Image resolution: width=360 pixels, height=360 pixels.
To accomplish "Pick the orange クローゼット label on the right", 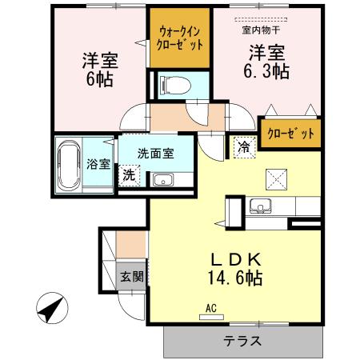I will (x=290, y=134).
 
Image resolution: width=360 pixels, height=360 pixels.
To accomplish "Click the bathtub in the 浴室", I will (x=69, y=165).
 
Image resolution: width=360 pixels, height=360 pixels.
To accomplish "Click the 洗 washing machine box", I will (x=129, y=174).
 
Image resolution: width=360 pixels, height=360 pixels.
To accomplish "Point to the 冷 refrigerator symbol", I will (x=242, y=146).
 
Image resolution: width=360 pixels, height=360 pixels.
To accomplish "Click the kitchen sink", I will (x=261, y=206).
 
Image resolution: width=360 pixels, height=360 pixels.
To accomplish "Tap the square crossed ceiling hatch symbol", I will (x=276, y=178).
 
